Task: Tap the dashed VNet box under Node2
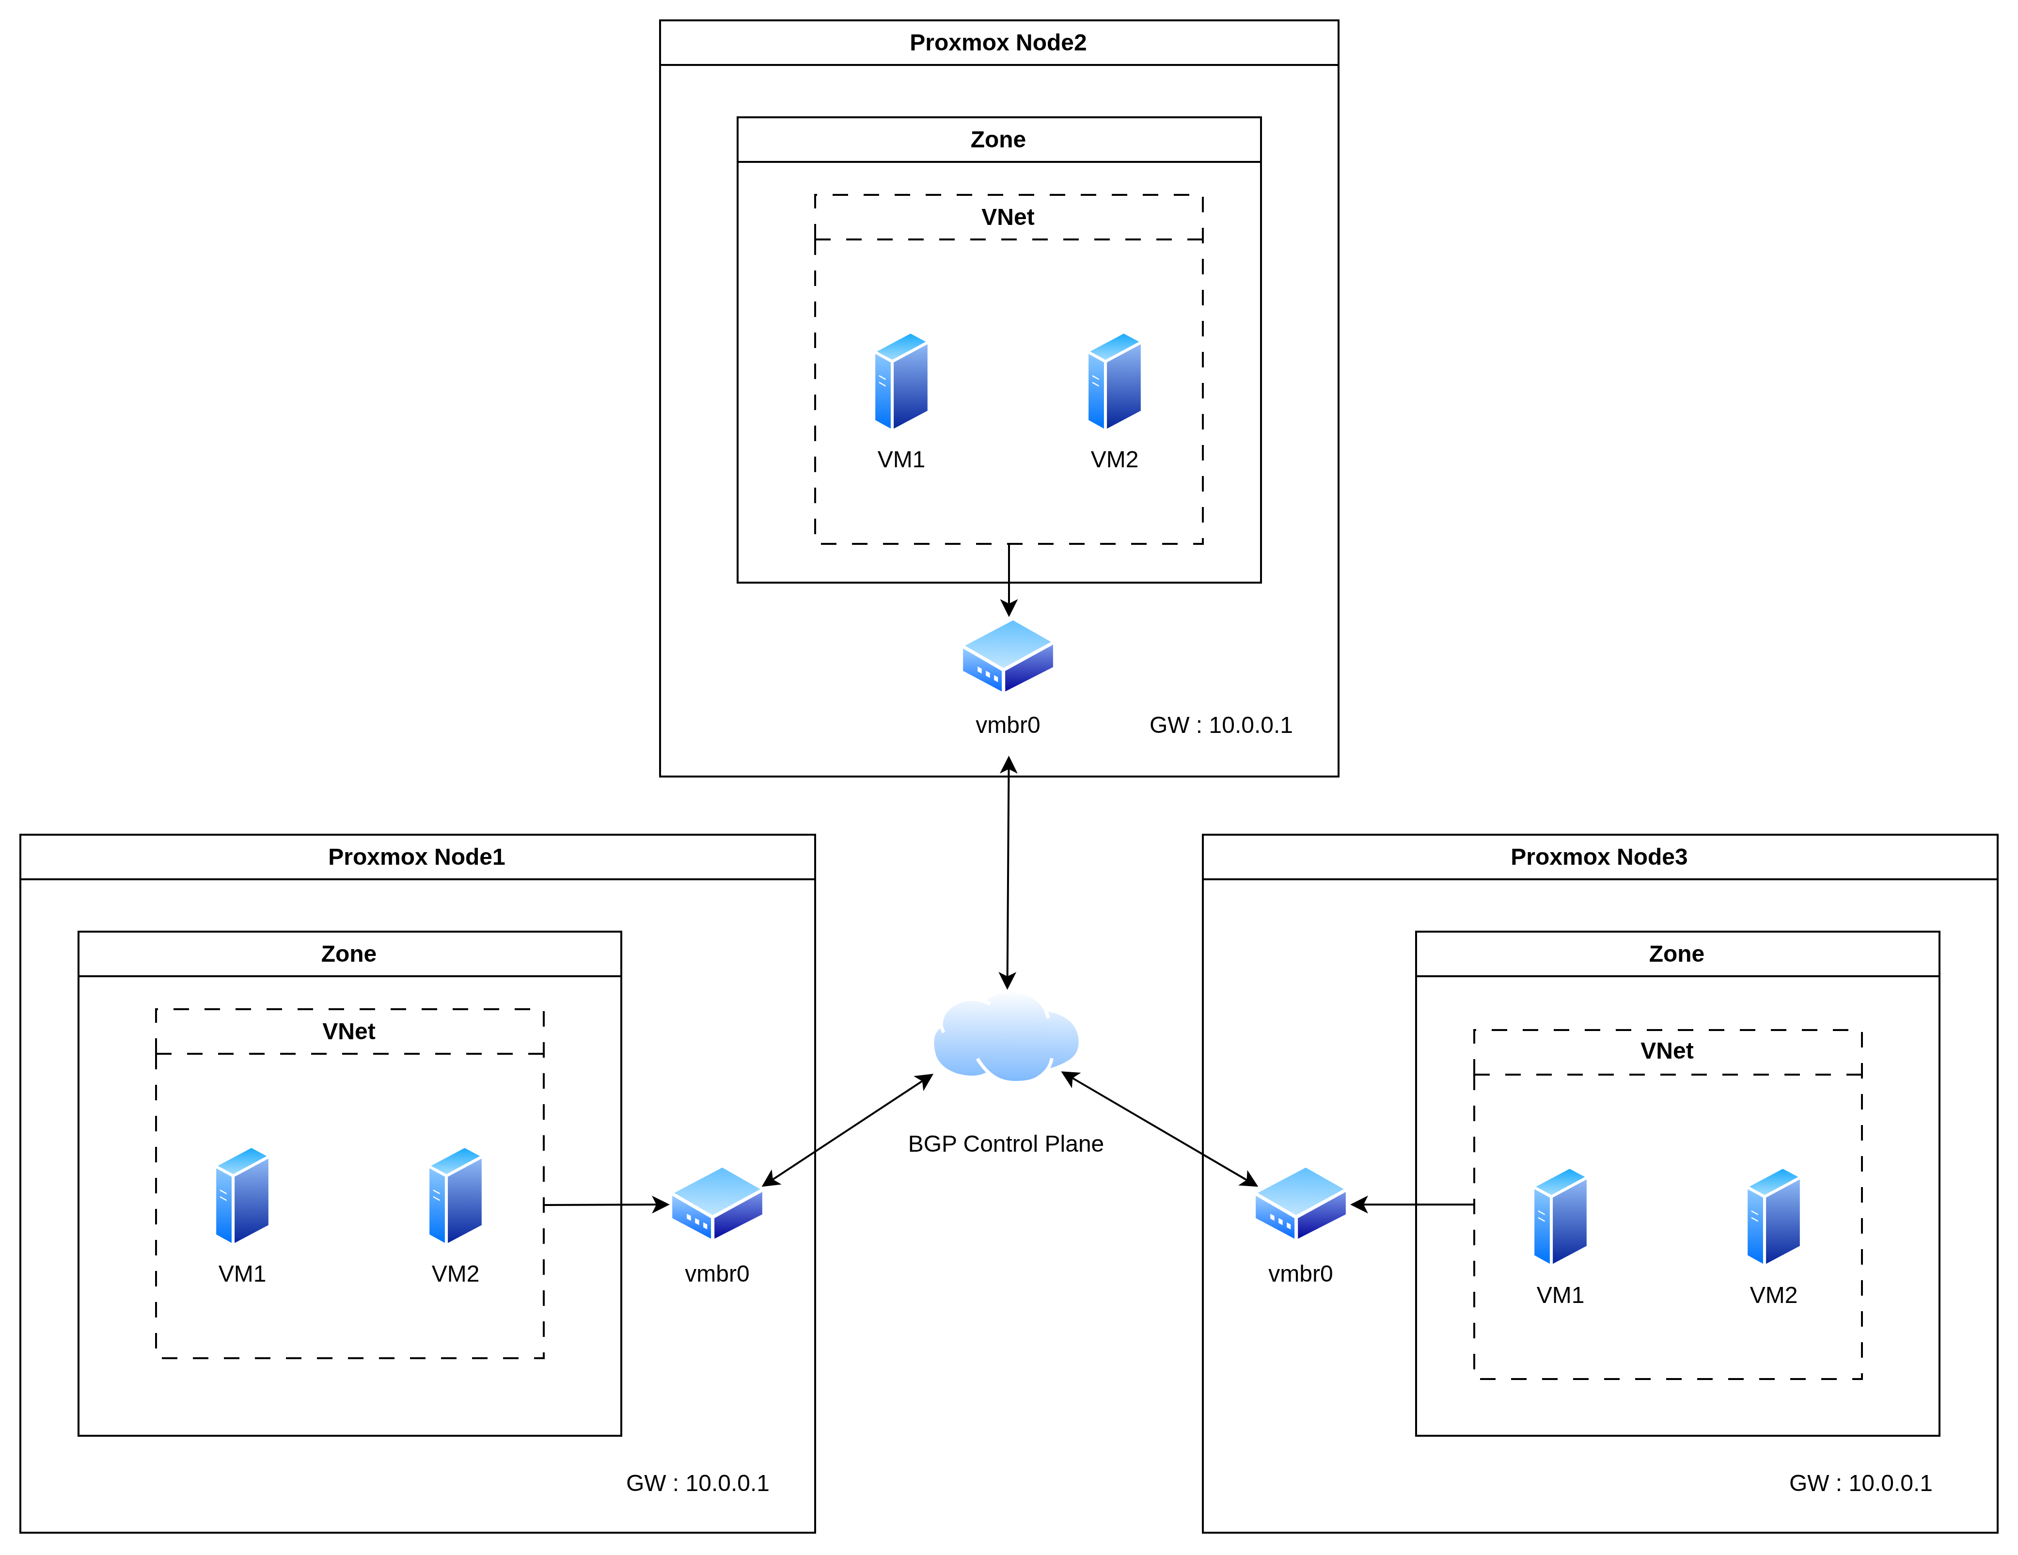click(1008, 217)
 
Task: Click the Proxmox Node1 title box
click(417, 857)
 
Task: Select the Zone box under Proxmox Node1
click(349, 953)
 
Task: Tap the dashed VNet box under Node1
click(349, 1031)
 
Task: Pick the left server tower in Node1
click(242, 1196)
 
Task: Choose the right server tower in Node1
click(456, 1196)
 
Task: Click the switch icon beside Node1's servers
click(717, 1203)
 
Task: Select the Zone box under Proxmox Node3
click(1677, 953)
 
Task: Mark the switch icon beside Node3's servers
click(1300, 1203)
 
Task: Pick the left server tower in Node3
click(1561, 1216)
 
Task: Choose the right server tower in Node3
click(1773, 1216)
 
